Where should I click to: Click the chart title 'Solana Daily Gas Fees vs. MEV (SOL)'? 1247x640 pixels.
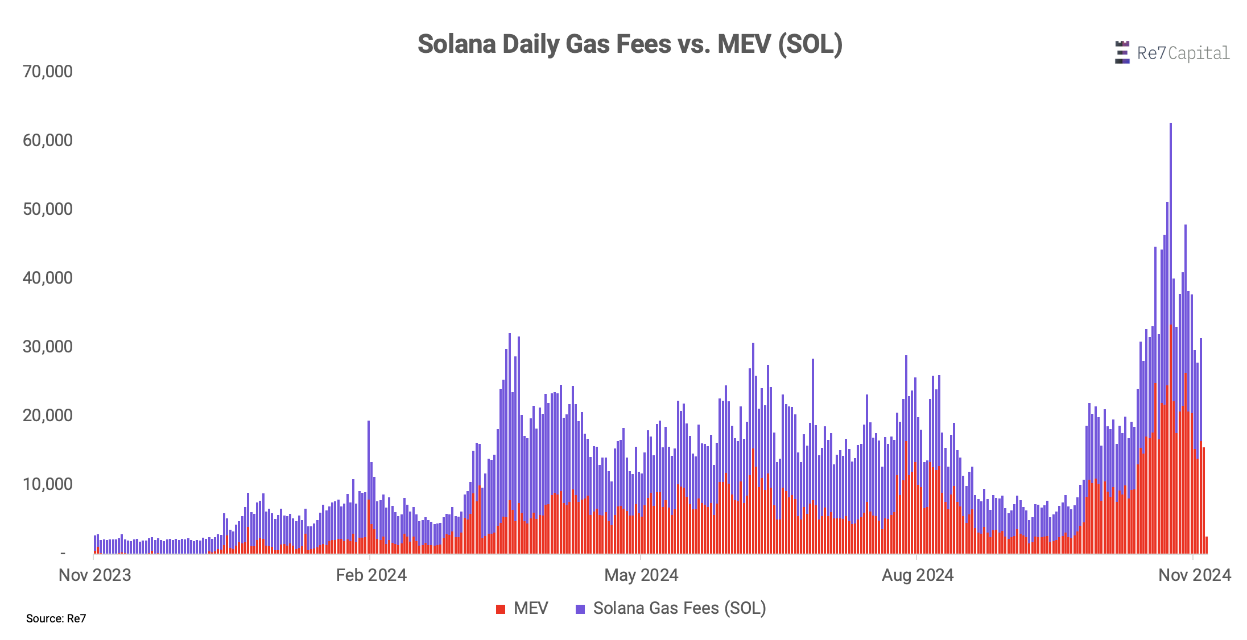[630, 44]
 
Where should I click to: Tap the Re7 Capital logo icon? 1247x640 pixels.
[1122, 52]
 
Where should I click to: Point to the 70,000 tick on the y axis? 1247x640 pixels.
[48, 72]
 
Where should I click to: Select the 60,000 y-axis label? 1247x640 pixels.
[48, 140]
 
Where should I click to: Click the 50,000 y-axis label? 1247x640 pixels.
[48, 209]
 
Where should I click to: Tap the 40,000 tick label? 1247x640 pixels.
[48, 278]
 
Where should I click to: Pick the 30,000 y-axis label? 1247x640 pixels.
[48, 347]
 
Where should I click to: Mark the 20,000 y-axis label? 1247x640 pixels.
[48, 415]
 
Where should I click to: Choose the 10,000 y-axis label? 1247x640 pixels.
[48, 484]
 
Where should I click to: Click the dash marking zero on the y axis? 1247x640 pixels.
[63, 553]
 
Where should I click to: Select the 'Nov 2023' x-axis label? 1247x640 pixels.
[95, 575]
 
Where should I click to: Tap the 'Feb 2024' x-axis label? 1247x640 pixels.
[371, 575]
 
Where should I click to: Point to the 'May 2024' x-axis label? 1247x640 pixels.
[641, 575]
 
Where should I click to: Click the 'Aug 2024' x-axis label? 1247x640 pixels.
[917, 575]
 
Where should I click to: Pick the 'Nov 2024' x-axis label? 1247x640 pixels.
[1194, 575]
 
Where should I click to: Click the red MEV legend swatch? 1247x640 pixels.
[501, 609]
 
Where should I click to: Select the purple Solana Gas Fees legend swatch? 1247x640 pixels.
[580, 609]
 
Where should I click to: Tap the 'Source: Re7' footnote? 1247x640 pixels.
[56, 618]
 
